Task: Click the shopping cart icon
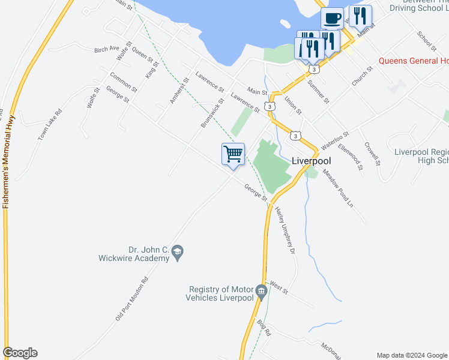pos(233,154)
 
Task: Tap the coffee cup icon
pos(332,18)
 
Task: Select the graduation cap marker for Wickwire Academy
pos(177,253)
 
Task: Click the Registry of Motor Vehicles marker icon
pos(261,293)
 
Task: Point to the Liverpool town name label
pos(312,161)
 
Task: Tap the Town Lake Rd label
pos(50,125)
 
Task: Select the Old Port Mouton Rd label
pos(131,298)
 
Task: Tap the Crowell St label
pos(373,154)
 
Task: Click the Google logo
pos(20,353)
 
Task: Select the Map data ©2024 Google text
pos(412,355)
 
